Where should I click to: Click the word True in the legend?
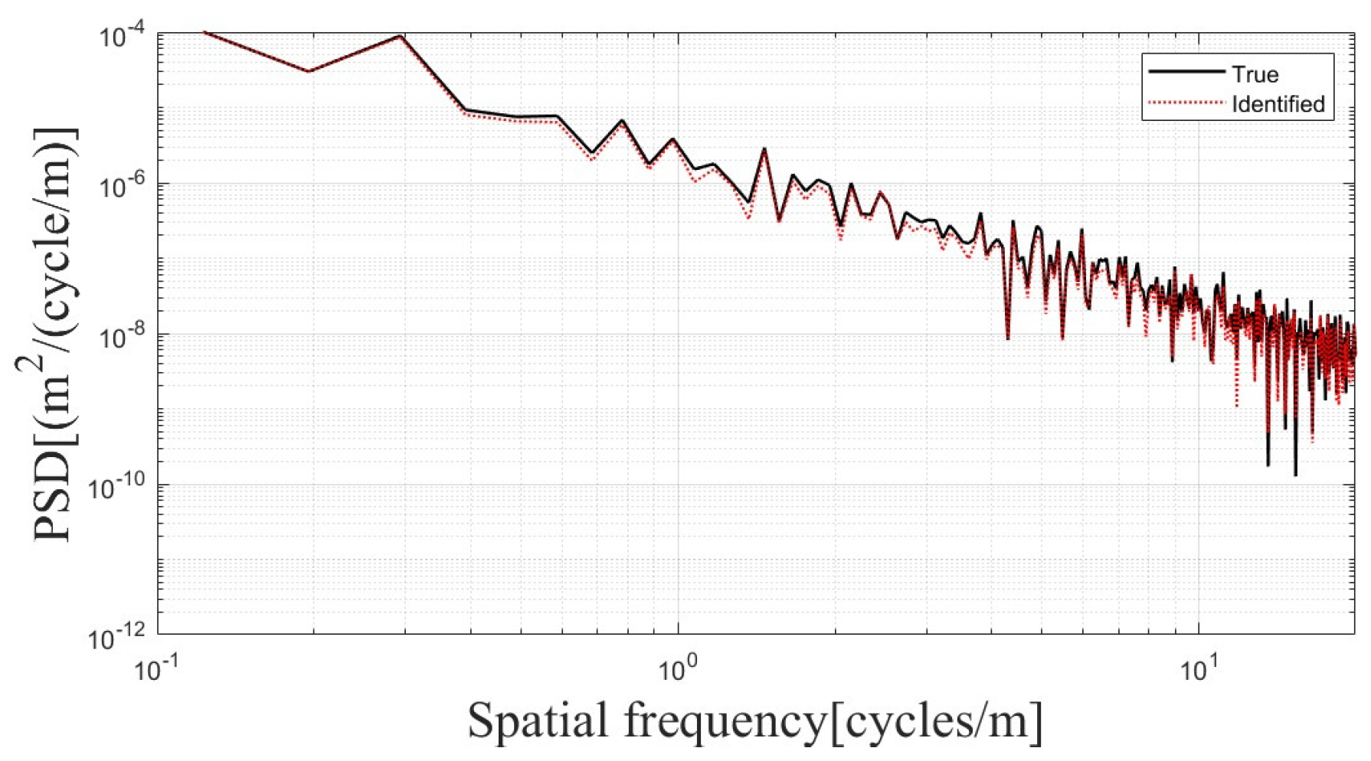(x=1255, y=74)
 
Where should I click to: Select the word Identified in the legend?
(x=1278, y=103)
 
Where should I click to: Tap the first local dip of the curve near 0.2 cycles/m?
(x=309, y=71)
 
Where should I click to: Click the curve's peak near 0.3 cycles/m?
(x=401, y=36)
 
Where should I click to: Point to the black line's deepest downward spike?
(x=1295, y=475)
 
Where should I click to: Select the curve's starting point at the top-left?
(x=205, y=32)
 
